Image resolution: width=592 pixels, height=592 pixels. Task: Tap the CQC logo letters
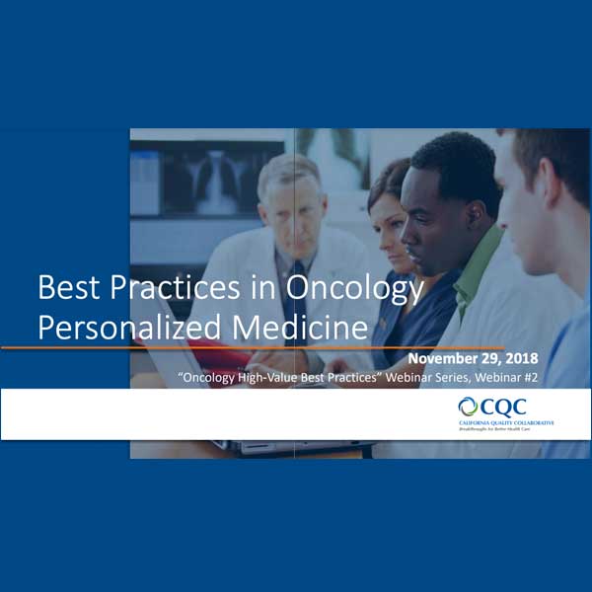click(504, 407)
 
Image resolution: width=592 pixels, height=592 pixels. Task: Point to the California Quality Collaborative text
click(505, 421)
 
